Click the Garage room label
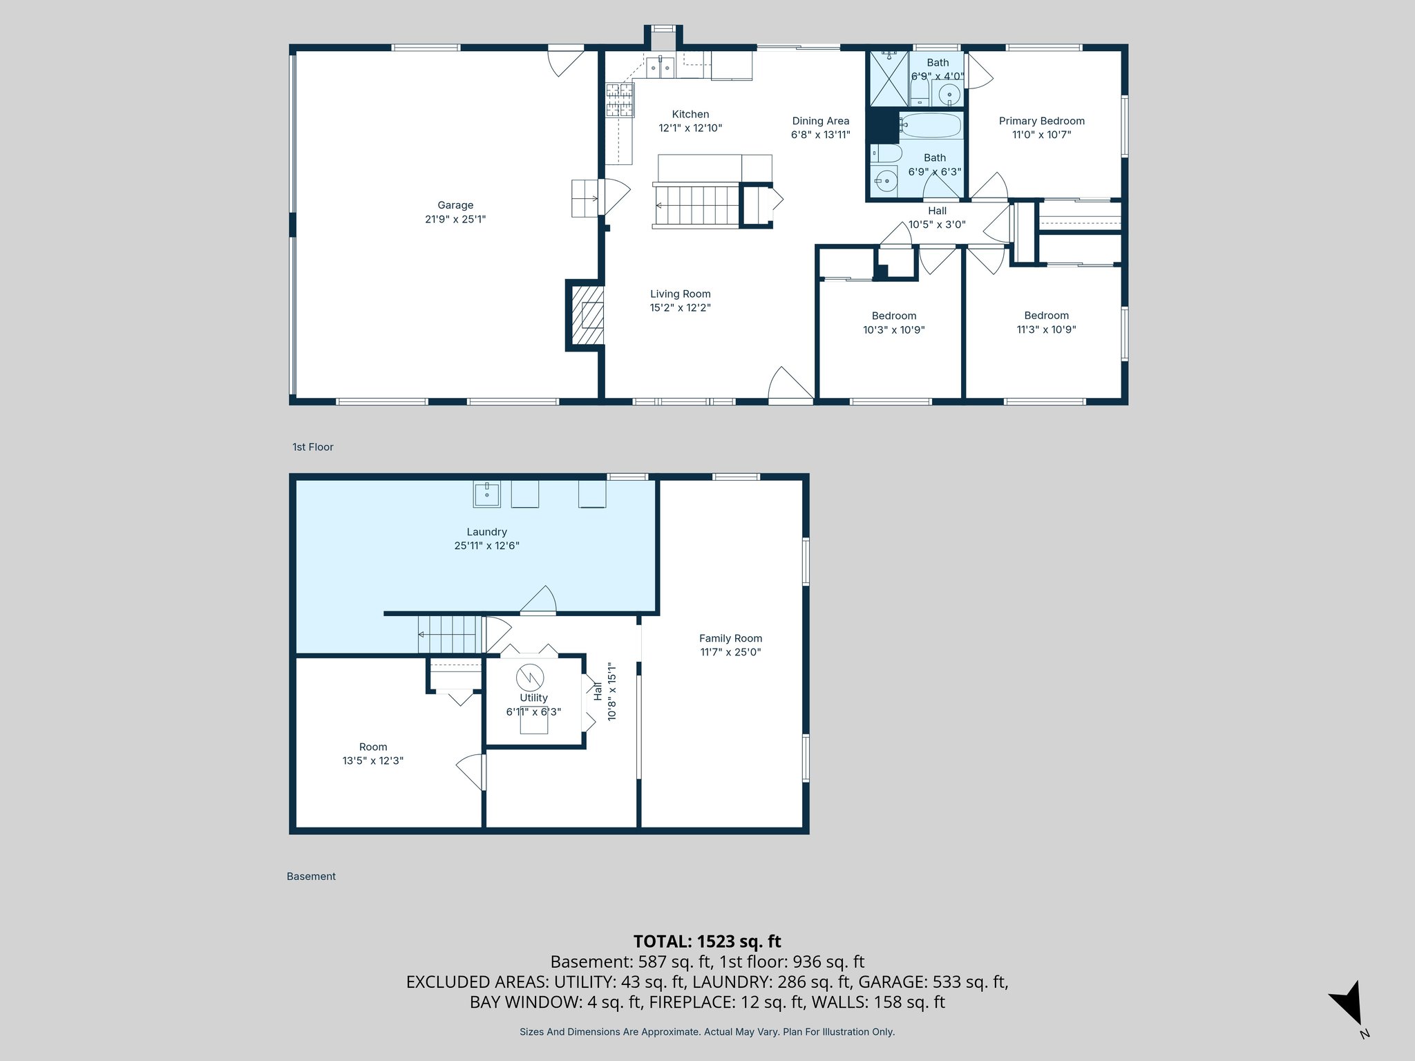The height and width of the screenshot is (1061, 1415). click(455, 205)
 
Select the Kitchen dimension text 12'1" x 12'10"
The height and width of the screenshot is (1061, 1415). click(690, 128)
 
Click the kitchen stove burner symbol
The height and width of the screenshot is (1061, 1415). click(619, 99)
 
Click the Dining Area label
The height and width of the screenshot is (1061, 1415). click(820, 121)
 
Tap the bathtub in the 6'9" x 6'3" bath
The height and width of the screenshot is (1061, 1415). click(930, 126)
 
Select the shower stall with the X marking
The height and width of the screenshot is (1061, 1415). click(889, 78)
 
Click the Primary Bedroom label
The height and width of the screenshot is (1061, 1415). click(1041, 121)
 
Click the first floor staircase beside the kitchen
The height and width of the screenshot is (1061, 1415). click(696, 205)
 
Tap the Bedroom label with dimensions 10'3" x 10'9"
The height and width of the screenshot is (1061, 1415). click(893, 316)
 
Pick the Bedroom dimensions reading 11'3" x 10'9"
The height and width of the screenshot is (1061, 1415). click(1046, 329)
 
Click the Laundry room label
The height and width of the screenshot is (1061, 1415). click(486, 532)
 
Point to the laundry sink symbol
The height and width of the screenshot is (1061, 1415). click(487, 495)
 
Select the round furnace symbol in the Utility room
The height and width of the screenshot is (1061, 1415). click(530, 678)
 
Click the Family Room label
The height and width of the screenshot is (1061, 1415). click(730, 638)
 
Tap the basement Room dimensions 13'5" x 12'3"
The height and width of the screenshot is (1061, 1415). click(372, 761)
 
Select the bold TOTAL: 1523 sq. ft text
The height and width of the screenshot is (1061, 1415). click(707, 941)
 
